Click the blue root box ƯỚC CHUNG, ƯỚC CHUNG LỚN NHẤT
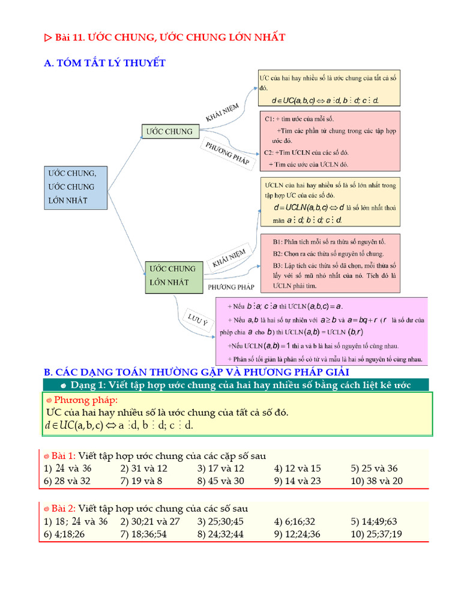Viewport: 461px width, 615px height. tap(76, 187)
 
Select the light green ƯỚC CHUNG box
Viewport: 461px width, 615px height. tap(171, 132)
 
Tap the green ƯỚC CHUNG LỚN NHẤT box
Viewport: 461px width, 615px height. tap(173, 276)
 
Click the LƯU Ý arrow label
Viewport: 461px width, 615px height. tap(197, 320)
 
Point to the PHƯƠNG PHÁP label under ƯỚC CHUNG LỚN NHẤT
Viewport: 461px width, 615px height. tap(231, 287)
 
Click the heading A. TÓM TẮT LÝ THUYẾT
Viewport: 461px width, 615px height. tap(105, 63)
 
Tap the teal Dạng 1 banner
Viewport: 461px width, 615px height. tap(236, 385)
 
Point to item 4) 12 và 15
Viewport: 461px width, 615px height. tap(297, 468)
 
